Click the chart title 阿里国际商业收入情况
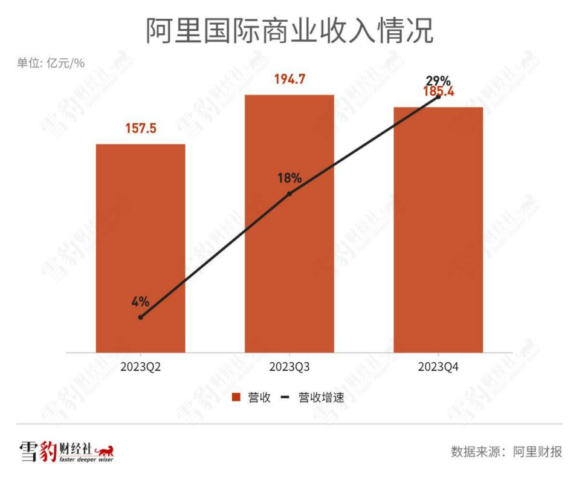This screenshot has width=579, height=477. (289, 31)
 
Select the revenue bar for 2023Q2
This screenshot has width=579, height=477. (140, 248)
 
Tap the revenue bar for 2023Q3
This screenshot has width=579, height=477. (289, 224)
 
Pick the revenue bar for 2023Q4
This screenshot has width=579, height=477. (438, 230)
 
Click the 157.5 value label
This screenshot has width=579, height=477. (141, 129)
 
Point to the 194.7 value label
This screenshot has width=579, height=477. (289, 79)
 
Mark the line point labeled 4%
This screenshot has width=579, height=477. (140, 317)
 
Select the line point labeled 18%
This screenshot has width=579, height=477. (289, 193)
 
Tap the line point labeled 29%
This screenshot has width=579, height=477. (439, 96)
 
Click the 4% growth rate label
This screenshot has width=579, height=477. (140, 302)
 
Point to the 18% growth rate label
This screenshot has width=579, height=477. (289, 178)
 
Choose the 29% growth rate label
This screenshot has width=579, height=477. (438, 80)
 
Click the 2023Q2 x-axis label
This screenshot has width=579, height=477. (140, 367)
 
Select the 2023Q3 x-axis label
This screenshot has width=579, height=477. (289, 367)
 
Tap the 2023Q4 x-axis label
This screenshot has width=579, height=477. (438, 367)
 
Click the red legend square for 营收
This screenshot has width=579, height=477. (236, 397)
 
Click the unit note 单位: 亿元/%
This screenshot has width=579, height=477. (50, 63)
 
